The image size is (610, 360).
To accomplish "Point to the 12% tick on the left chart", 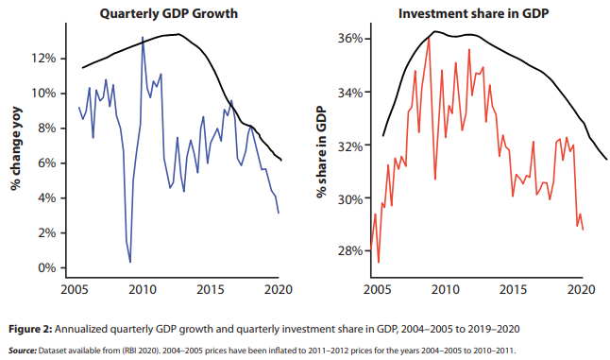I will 47,59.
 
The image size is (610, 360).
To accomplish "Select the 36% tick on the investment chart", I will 350,39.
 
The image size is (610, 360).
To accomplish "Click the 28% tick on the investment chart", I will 350,251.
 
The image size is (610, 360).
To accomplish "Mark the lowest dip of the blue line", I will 129,262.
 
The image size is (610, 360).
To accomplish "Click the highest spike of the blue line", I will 143,38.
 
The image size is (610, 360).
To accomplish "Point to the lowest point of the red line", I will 379,263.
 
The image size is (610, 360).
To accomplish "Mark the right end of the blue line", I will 279,214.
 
